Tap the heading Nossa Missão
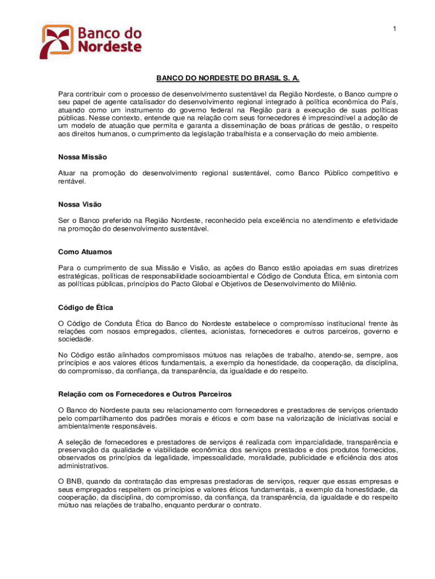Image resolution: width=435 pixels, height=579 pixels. [x=82, y=157]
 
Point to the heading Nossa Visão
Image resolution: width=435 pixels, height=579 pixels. [x=80, y=204]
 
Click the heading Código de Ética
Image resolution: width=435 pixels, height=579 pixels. [x=86, y=307]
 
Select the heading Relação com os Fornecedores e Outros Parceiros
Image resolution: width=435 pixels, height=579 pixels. [x=145, y=394]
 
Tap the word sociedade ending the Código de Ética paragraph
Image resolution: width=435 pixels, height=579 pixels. [x=76, y=339]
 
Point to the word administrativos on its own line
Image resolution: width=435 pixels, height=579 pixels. [x=82, y=466]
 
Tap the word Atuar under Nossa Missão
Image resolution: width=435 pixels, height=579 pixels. [x=67, y=173]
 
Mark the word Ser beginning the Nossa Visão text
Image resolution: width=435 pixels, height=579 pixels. [x=64, y=220]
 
